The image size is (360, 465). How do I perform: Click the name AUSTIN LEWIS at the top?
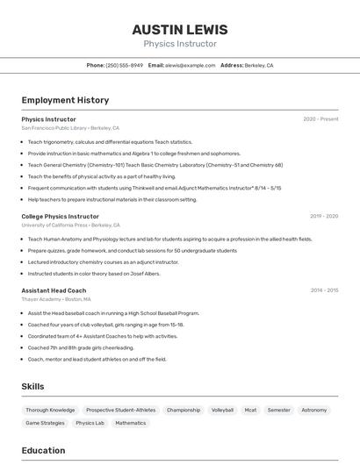180,29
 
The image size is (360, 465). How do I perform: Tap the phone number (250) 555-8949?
124,66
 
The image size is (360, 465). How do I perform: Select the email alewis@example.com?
191,66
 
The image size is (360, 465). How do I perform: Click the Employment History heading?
65,100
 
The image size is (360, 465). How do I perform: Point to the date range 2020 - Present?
320,119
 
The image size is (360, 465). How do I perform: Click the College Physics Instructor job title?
60,216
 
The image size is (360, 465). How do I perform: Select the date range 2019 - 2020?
324,216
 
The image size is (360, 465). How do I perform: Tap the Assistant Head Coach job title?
54,290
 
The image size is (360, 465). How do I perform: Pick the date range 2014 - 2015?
324,290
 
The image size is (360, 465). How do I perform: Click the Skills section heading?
32,386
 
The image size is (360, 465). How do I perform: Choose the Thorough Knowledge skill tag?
50,410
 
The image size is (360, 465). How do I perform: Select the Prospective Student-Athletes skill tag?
120,410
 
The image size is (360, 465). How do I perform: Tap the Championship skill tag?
184,410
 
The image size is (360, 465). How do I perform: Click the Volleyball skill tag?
223,410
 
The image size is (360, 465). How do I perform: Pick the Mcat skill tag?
250,410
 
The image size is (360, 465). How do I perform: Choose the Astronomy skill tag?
313,410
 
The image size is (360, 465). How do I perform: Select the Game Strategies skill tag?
45,423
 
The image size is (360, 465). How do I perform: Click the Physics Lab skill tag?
90,423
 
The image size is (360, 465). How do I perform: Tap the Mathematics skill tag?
131,423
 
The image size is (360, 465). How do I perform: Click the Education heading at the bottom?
43,451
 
